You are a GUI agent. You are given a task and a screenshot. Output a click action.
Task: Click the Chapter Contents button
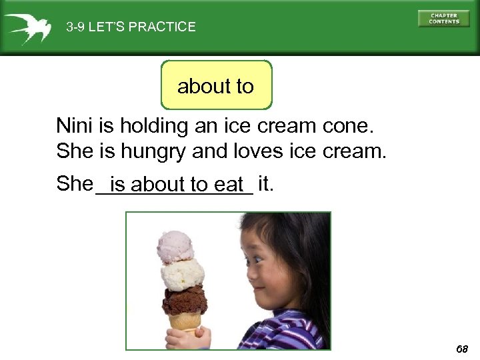[443, 18]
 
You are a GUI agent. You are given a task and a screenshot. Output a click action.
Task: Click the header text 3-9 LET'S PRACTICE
[131, 27]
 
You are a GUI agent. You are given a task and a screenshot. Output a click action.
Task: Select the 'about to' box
[216, 85]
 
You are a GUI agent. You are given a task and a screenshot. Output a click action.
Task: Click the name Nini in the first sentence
[75, 125]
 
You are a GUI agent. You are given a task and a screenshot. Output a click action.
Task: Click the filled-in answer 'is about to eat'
[177, 183]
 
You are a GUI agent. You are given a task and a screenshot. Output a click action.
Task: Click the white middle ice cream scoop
[182, 273]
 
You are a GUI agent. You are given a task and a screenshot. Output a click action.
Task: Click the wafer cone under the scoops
[183, 323]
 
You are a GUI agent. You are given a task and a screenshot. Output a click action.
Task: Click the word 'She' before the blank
[74, 183]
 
